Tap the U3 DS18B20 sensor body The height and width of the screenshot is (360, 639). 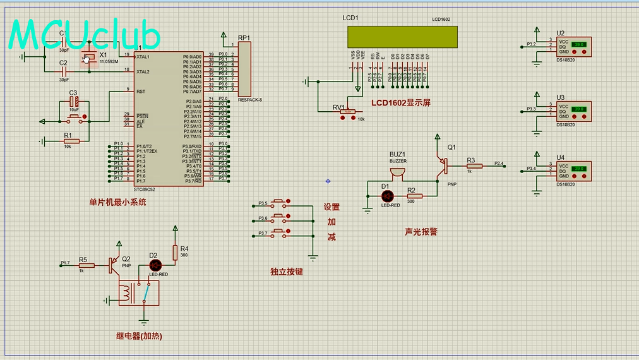coord(573,111)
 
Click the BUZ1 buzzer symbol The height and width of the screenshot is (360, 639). coord(397,172)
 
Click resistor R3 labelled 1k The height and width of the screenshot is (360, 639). coord(474,165)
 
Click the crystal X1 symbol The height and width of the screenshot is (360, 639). coord(87,59)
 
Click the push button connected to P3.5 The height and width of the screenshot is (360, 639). coord(280,203)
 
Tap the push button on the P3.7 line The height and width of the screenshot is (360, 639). coord(280,233)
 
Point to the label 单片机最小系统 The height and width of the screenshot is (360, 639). coord(117,202)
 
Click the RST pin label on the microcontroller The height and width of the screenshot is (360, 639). coord(141,92)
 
